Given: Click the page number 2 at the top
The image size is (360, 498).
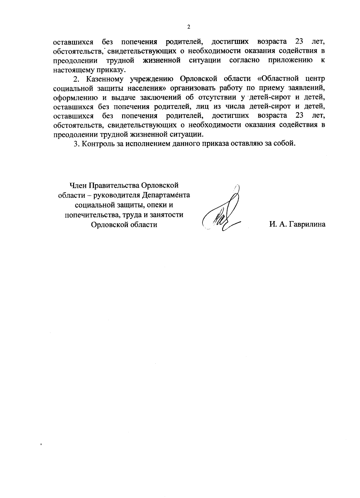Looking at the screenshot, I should (x=188, y=27).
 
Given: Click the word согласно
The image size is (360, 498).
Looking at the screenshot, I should (x=244, y=60).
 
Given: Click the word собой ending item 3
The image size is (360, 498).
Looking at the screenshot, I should (x=285, y=143).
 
